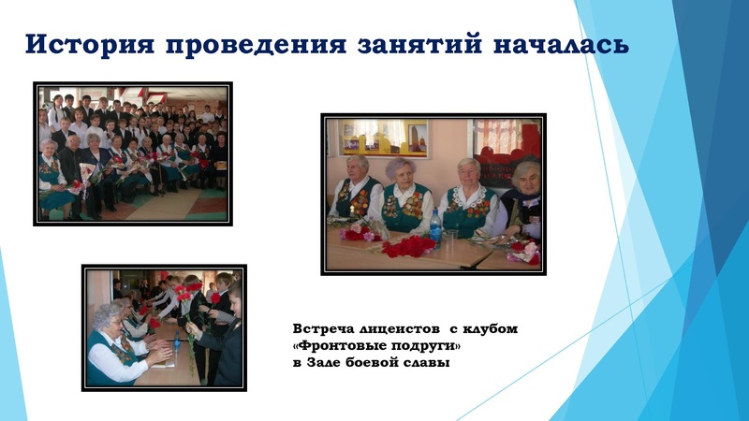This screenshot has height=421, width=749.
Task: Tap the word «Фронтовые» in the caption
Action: pyautogui.click(x=339, y=346)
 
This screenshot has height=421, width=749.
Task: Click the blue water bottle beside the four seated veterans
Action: pyautogui.click(x=435, y=225)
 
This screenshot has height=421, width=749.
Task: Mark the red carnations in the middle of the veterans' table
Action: pyautogui.click(x=409, y=244)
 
